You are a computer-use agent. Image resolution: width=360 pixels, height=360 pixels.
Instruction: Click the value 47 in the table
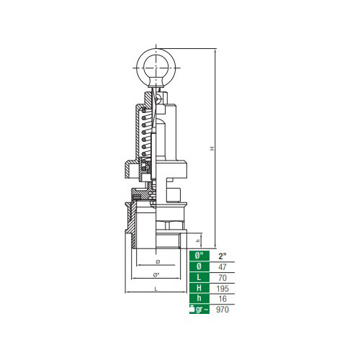222,267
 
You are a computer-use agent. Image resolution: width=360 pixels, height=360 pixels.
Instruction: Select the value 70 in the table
222,278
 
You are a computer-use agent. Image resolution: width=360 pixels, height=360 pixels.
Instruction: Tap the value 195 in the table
222,288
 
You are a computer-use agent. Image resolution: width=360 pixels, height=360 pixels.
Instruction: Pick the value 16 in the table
222,299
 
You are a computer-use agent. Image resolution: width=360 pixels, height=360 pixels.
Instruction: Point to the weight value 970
222,310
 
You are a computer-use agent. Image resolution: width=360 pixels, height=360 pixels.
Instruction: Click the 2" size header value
222,256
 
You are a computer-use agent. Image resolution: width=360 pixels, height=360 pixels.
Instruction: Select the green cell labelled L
199,277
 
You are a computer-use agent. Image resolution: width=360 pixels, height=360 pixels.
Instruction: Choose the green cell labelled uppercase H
199,288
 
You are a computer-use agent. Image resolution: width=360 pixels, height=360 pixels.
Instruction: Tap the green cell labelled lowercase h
199,298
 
